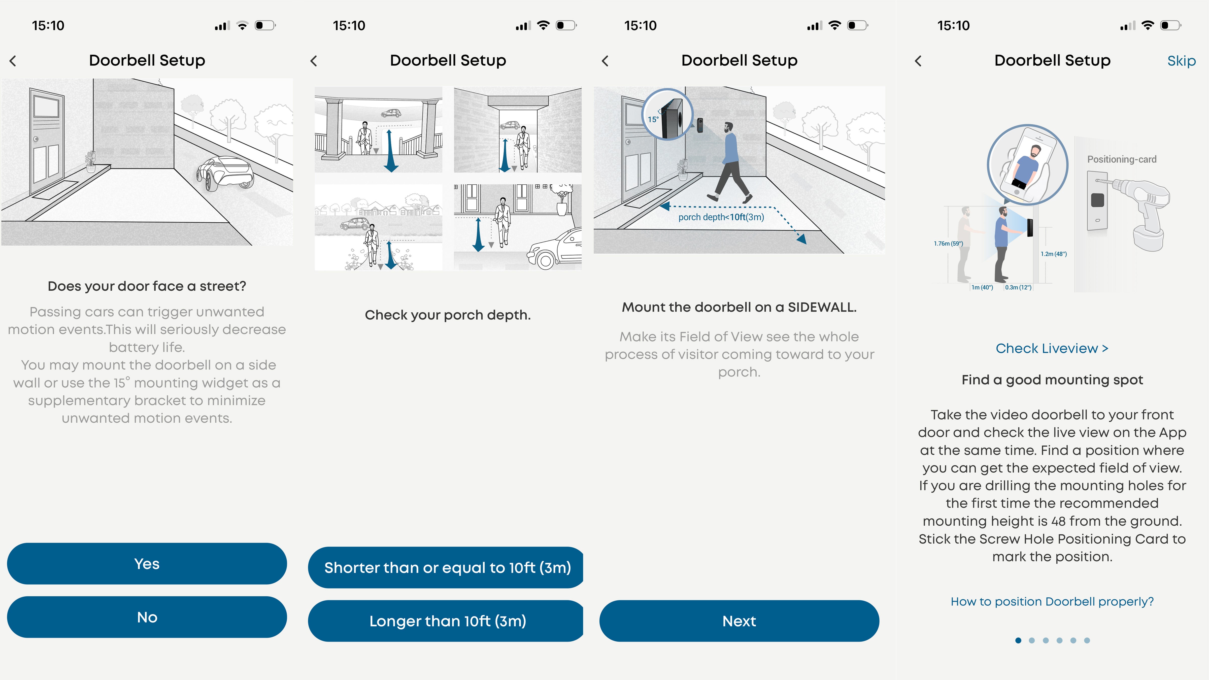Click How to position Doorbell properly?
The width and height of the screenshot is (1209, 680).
(x=1052, y=602)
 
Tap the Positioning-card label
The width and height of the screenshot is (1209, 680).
(x=1122, y=159)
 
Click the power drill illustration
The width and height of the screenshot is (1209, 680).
(x=1145, y=211)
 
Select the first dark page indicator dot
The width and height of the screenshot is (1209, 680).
(x=1018, y=640)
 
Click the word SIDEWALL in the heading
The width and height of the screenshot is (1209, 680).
(x=822, y=307)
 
